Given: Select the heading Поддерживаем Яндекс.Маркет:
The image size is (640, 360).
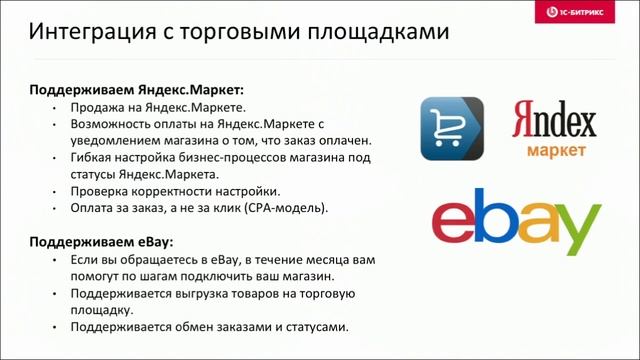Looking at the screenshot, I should (x=136, y=88).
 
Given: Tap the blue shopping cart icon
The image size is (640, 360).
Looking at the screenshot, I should (x=452, y=129).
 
